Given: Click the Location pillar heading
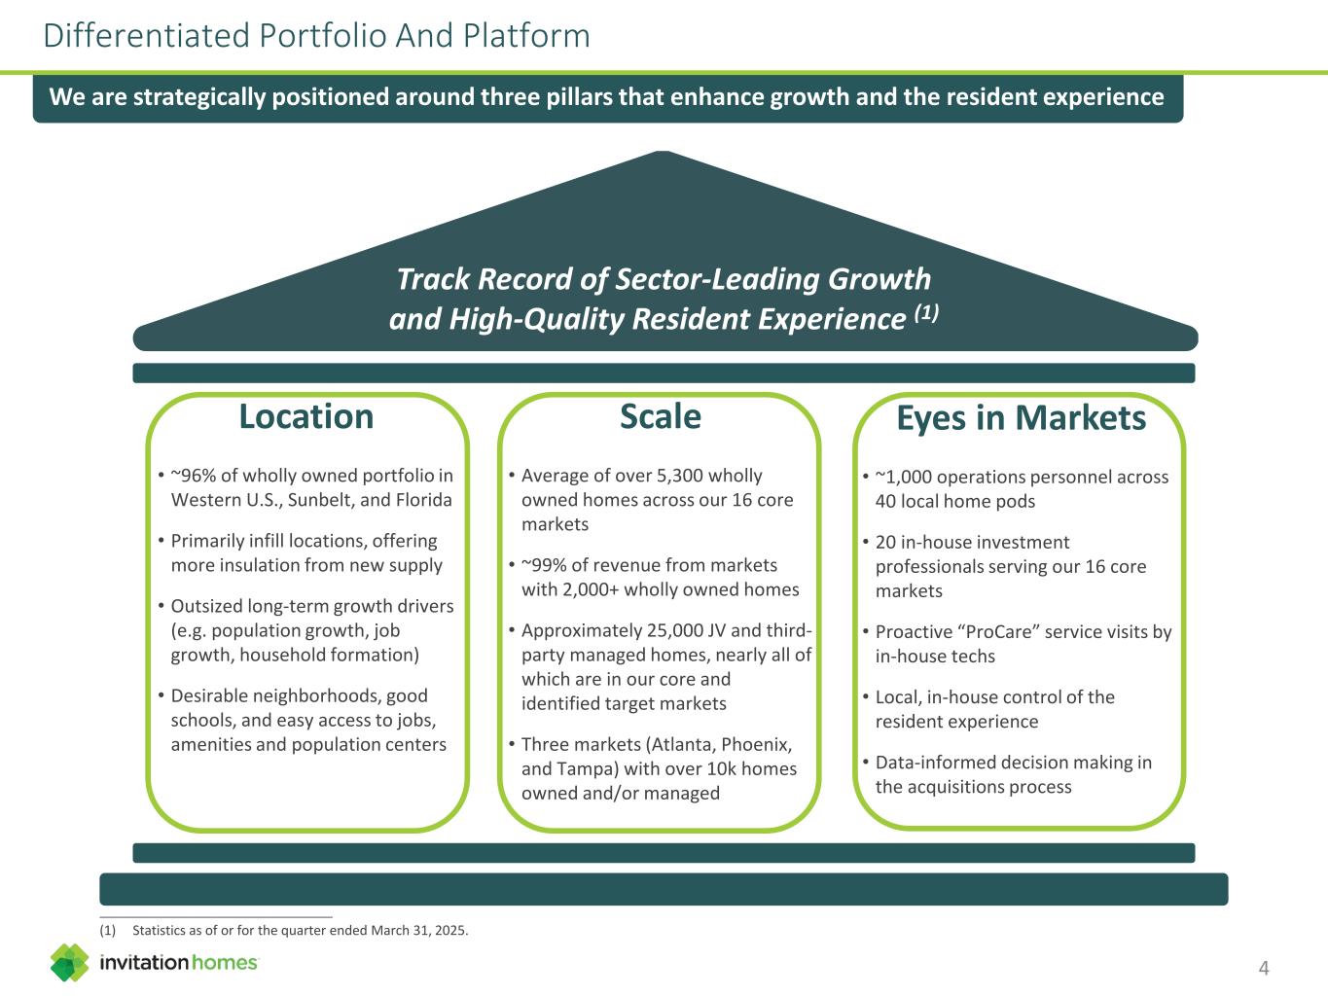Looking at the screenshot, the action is point(306,416).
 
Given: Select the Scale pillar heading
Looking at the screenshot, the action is point(661,416).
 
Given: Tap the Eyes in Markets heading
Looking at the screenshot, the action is point(1022,418).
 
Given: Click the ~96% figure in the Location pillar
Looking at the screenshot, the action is point(193,476).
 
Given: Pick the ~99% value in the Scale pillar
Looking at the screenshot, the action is point(544,565).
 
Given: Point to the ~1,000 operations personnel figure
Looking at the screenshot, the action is point(903,477).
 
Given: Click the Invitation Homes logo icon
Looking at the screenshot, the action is point(70,962).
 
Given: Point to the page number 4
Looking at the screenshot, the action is point(1263,968).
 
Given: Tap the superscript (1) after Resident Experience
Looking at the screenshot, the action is point(926,312).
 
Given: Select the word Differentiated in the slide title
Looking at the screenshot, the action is point(146,35).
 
